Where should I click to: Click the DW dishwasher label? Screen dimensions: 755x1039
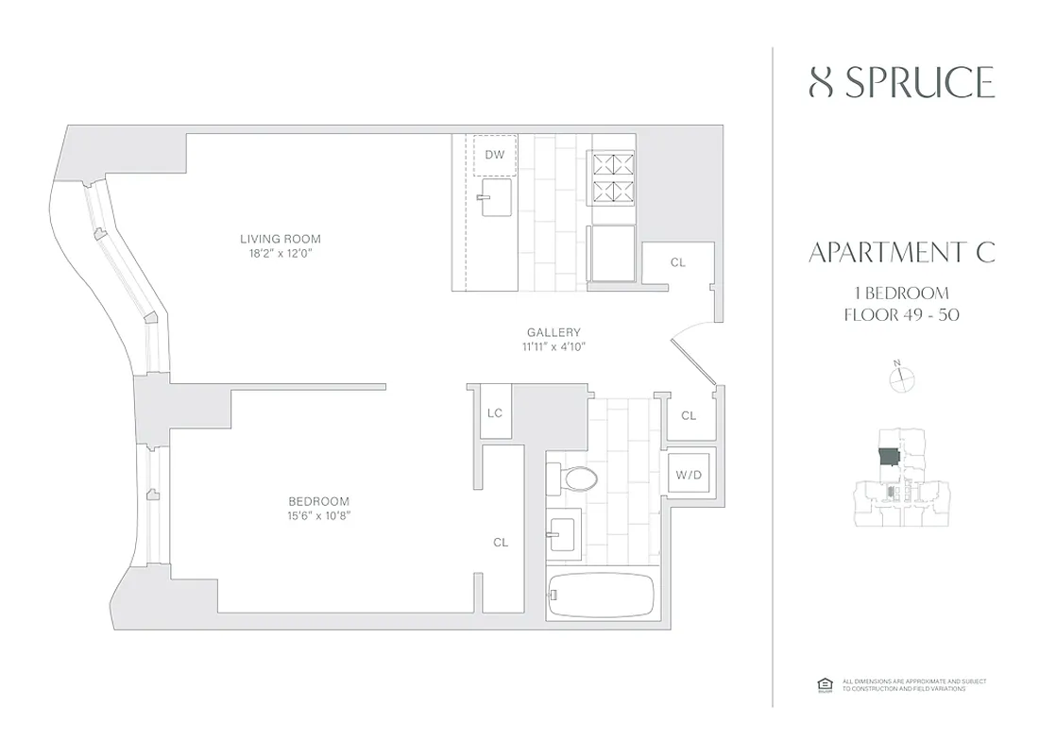pyautogui.click(x=494, y=155)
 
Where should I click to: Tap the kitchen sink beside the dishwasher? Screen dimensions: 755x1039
pyautogui.click(x=494, y=200)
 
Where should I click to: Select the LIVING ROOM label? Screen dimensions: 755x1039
pyautogui.click(x=281, y=239)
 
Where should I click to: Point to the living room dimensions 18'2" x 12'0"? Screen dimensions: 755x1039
pyautogui.click(x=281, y=253)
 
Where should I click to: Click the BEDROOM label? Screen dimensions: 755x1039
pyautogui.click(x=318, y=501)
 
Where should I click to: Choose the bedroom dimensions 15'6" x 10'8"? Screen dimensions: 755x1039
pyautogui.click(x=318, y=515)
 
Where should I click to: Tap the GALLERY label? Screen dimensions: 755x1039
pyautogui.click(x=554, y=332)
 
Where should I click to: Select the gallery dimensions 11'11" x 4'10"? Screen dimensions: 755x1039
pyautogui.click(x=554, y=346)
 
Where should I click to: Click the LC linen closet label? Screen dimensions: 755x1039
pyautogui.click(x=494, y=413)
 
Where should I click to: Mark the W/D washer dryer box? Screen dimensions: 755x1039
pyautogui.click(x=689, y=474)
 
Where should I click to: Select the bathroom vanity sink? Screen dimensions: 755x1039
pyautogui.click(x=567, y=533)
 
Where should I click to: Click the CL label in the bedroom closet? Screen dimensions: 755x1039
pyautogui.click(x=501, y=543)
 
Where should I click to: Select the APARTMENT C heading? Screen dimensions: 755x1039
pyautogui.click(x=902, y=252)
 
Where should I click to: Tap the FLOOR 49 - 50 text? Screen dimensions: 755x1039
pyautogui.click(x=902, y=314)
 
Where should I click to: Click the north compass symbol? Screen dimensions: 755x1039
pyautogui.click(x=903, y=378)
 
